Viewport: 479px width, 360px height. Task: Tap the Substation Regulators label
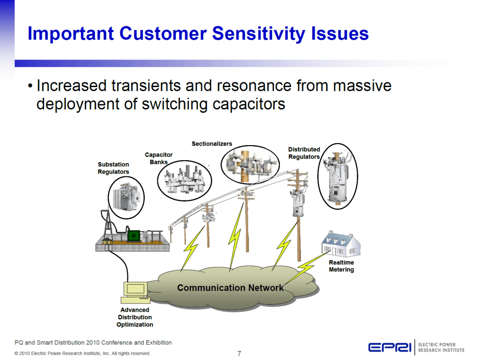click(113, 168)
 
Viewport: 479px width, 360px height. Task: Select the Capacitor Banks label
click(159, 158)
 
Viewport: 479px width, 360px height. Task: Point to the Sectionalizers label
click(212, 144)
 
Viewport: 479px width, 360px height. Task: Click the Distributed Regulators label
click(304, 153)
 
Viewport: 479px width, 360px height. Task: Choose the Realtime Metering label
click(341, 266)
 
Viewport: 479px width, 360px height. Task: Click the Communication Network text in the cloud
click(230, 287)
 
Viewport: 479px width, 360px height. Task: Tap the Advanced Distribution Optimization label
click(135, 317)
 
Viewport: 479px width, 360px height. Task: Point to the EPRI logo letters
click(391, 347)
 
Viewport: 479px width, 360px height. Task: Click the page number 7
click(239, 353)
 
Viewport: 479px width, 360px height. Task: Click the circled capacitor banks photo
click(184, 180)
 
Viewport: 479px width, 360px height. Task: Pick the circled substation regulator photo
click(126, 198)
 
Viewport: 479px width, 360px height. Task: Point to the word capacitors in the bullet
click(249, 103)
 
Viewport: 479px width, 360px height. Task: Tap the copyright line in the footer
click(82, 353)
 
